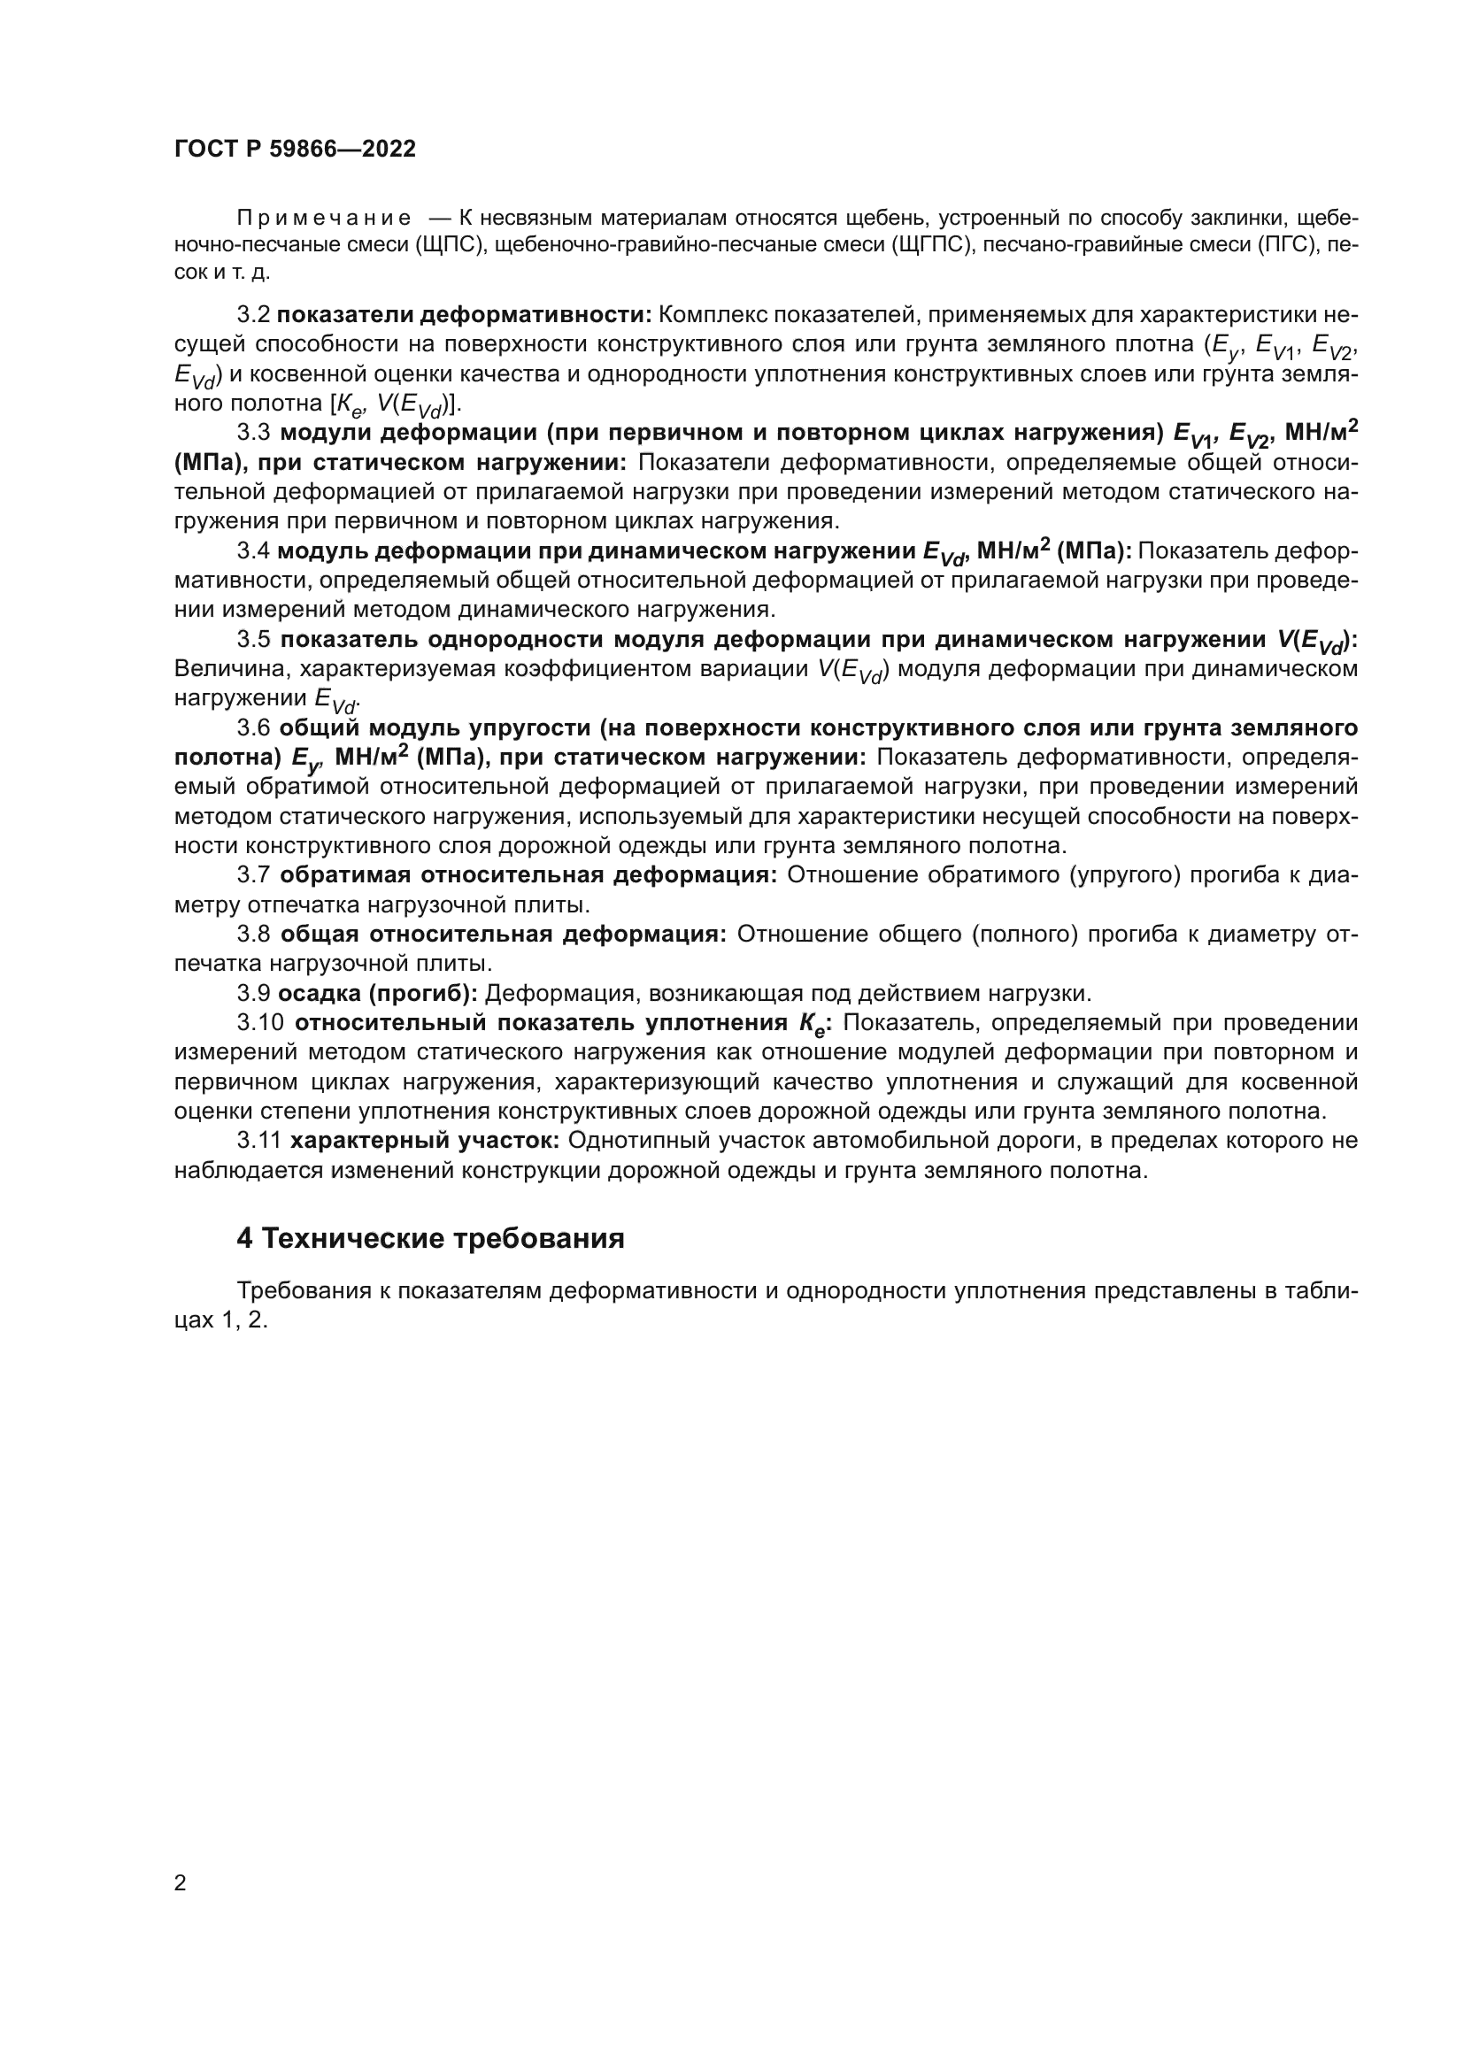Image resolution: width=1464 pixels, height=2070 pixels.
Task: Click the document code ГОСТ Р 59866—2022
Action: pyautogui.click(x=295, y=150)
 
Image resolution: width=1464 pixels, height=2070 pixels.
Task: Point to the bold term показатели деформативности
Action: pyautogui.click(x=465, y=315)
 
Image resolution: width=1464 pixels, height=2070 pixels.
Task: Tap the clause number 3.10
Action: pyautogui.click(x=260, y=1023)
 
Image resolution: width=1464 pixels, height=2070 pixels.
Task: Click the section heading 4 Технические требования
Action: pyautogui.click(x=430, y=1239)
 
